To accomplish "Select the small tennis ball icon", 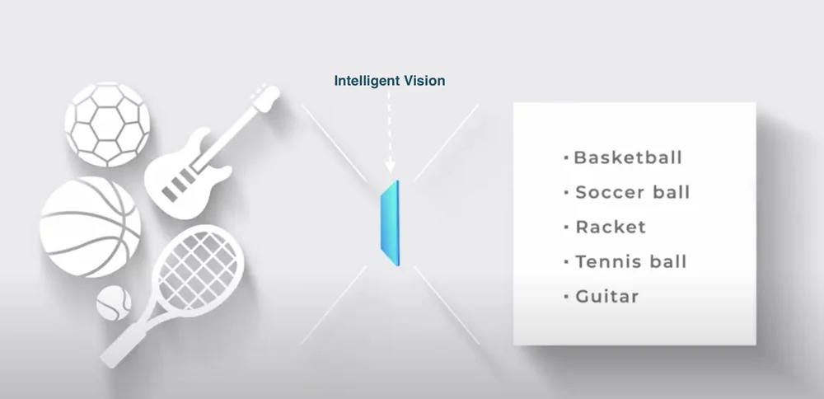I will pyautogui.click(x=114, y=303).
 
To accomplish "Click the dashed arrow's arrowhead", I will pyautogui.click(x=390, y=170).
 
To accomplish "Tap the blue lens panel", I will pyautogui.click(x=388, y=223).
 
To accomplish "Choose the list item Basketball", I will pyautogui.click(x=627, y=157).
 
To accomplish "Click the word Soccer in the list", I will pyautogui.click(x=604, y=192).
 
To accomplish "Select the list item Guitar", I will pyautogui.click(x=606, y=296).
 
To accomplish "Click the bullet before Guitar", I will pyautogui.click(x=566, y=296).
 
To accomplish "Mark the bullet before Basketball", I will pyautogui.click(x=566, y=157).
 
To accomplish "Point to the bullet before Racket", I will pyautogui.click(x=566, y=227).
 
